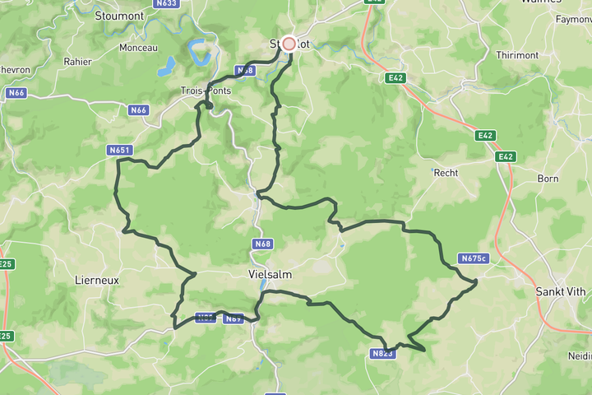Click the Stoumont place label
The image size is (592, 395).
pyautogui.click(x=119, y=16)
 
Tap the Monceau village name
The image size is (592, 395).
pyautogui.click(x=138, y=48)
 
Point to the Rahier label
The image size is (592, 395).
pyautogui.click(x=78, y=62)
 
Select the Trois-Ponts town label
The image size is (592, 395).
pyautogui.click(x=206, y=91)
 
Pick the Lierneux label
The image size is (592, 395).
pyautogui.click(x=97, y=280)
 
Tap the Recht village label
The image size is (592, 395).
pyautogui.click(x=446, y=173)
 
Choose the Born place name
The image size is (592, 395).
pyautogui.click(x=548, y=179)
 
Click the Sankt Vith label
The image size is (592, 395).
pyautogui.click(x=561, y=291)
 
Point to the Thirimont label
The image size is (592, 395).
pyautogui.click(x=516, y=55)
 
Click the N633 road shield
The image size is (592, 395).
pyautogui.click(x=166, y=3)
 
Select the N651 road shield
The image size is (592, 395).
pyautogui.click(x=120, y=151)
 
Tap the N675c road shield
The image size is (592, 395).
pyautogui.click(x=474, y=258)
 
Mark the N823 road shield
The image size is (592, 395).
pyautogui.click(x=382, y=354)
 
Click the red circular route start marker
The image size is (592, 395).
pyautogui.click(x=289, y=44)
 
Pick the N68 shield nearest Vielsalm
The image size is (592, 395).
pyautogui.click(x=262, y=244)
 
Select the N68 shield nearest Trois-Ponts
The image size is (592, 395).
pyautogui.click(x=245, y=71)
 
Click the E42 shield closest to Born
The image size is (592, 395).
pyautogui.click(x=505, y=156)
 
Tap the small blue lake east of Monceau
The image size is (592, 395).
pyautogui.click(x=169, y=64)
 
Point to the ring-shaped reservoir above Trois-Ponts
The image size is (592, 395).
pyautogui.click(x=200, y=53)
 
